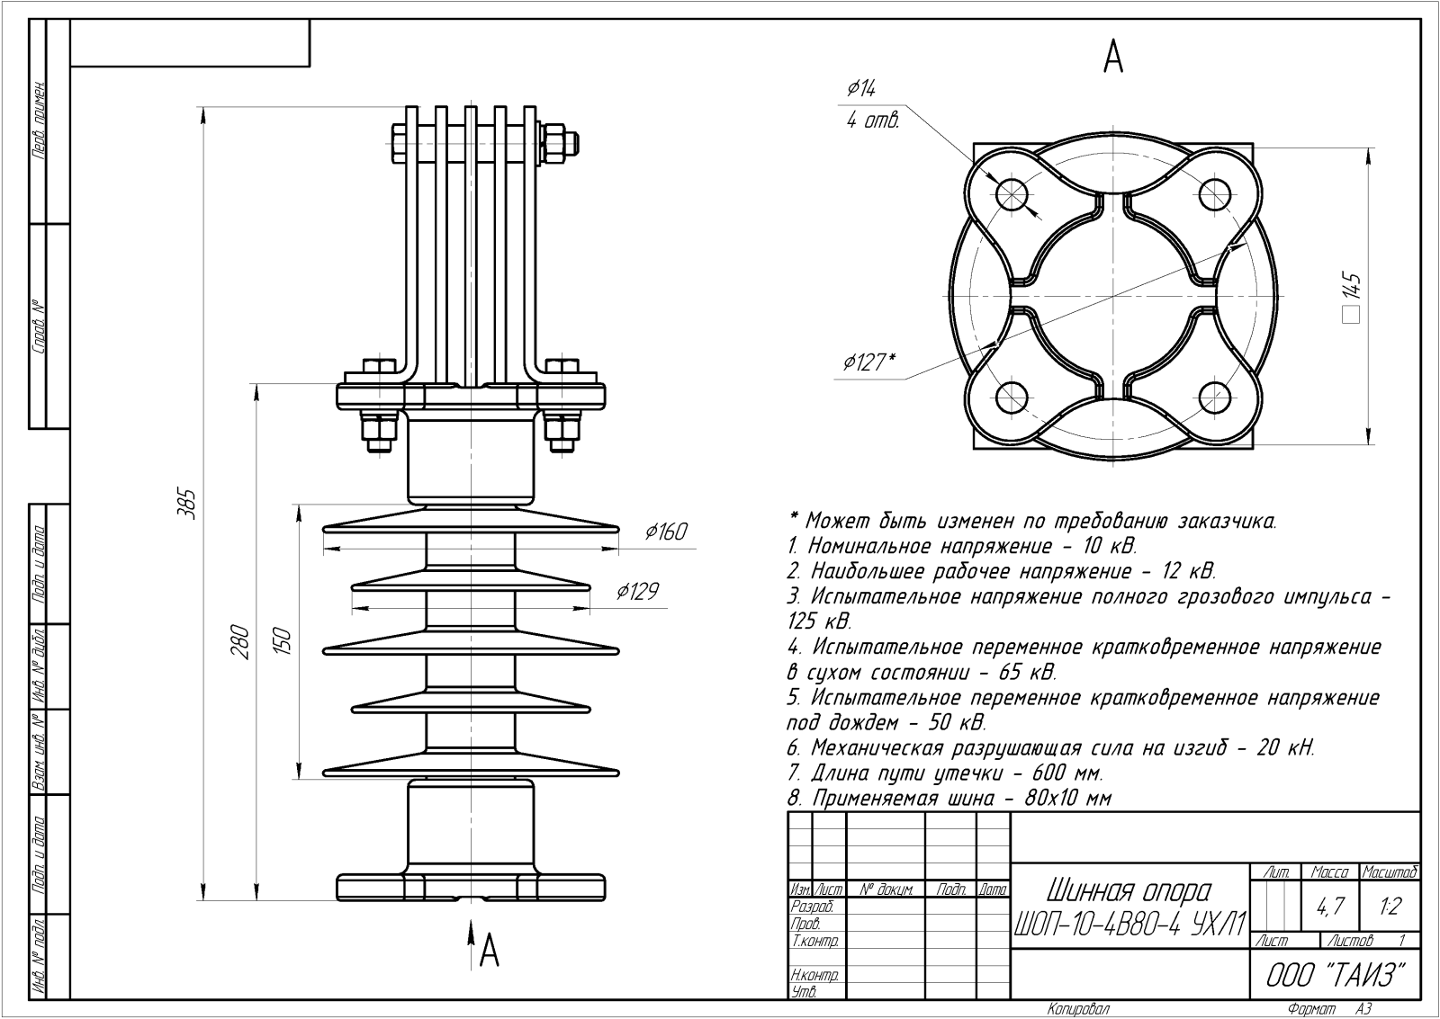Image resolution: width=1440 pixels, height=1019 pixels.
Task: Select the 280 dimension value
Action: [238, 641]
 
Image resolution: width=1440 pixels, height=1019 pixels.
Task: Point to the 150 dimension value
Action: [282, 641]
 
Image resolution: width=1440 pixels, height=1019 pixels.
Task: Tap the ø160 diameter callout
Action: [666, 532]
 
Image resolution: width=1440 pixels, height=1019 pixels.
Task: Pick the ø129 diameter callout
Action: [637, 592]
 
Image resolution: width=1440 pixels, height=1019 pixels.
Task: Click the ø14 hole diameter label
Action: [861, 88]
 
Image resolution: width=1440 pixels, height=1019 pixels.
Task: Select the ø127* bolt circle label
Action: [869, 362]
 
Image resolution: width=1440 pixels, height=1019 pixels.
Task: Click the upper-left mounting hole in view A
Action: [1012, 193]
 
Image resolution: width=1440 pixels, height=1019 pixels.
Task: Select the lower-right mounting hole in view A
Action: [1215, 397]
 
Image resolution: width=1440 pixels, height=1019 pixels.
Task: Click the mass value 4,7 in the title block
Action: [1328, 907]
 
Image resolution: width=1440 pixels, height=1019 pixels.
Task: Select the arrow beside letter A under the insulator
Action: [471, 944]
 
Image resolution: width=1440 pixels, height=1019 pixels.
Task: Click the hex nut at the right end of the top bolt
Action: [554, 144]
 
